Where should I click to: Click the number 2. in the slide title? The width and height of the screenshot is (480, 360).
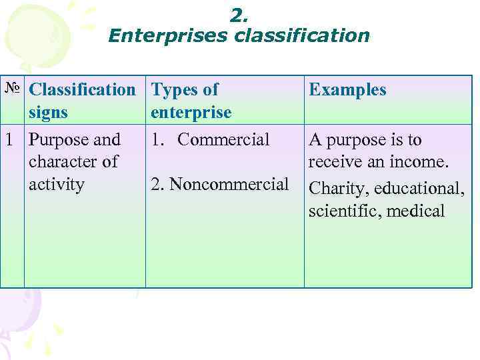239,15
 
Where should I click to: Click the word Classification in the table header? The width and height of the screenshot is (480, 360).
83,90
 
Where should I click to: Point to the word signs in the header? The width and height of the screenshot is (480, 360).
48,113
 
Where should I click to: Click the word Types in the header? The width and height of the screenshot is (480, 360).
175,90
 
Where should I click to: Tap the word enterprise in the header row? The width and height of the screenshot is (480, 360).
191,113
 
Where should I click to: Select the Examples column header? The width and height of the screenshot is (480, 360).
347,90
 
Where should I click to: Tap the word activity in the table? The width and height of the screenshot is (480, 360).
57,184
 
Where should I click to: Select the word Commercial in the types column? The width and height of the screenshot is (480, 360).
223,140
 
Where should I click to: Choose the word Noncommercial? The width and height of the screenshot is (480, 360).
229,184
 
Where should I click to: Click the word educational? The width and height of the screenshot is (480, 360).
419,189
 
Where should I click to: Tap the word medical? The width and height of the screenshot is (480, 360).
419,211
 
